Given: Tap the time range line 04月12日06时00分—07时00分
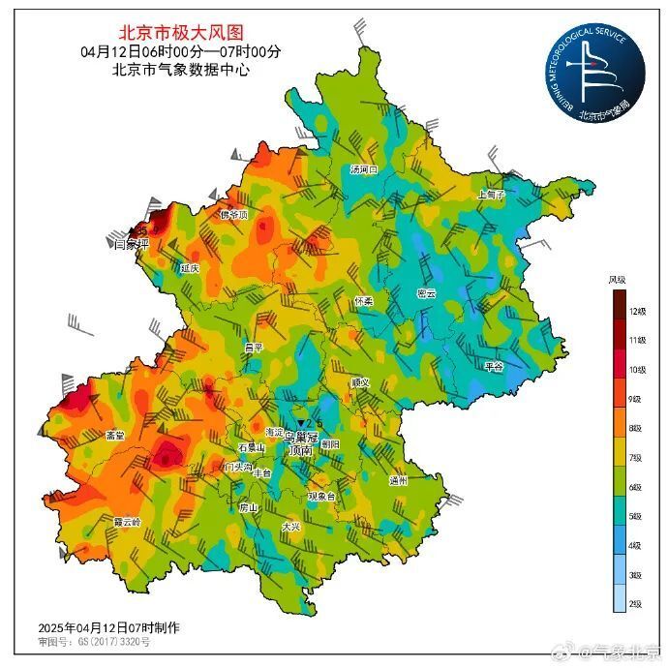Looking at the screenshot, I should pos(181,51).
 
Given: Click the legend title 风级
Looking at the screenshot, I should pos(618,280).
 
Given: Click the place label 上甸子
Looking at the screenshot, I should pos(492,194).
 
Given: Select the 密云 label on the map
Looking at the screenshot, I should pos(426,293).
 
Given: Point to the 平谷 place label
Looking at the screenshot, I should pos(494,367).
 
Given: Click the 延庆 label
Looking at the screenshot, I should pos(189,267).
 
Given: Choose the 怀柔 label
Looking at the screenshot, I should pos(363,301).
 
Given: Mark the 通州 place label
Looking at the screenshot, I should pos(397,480).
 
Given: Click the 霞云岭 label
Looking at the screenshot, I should pos(127,521).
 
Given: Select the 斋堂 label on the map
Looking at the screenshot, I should pos(115,436).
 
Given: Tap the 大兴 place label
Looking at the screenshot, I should pos(291,527).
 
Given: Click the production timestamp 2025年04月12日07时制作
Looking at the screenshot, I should pos(108,626).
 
